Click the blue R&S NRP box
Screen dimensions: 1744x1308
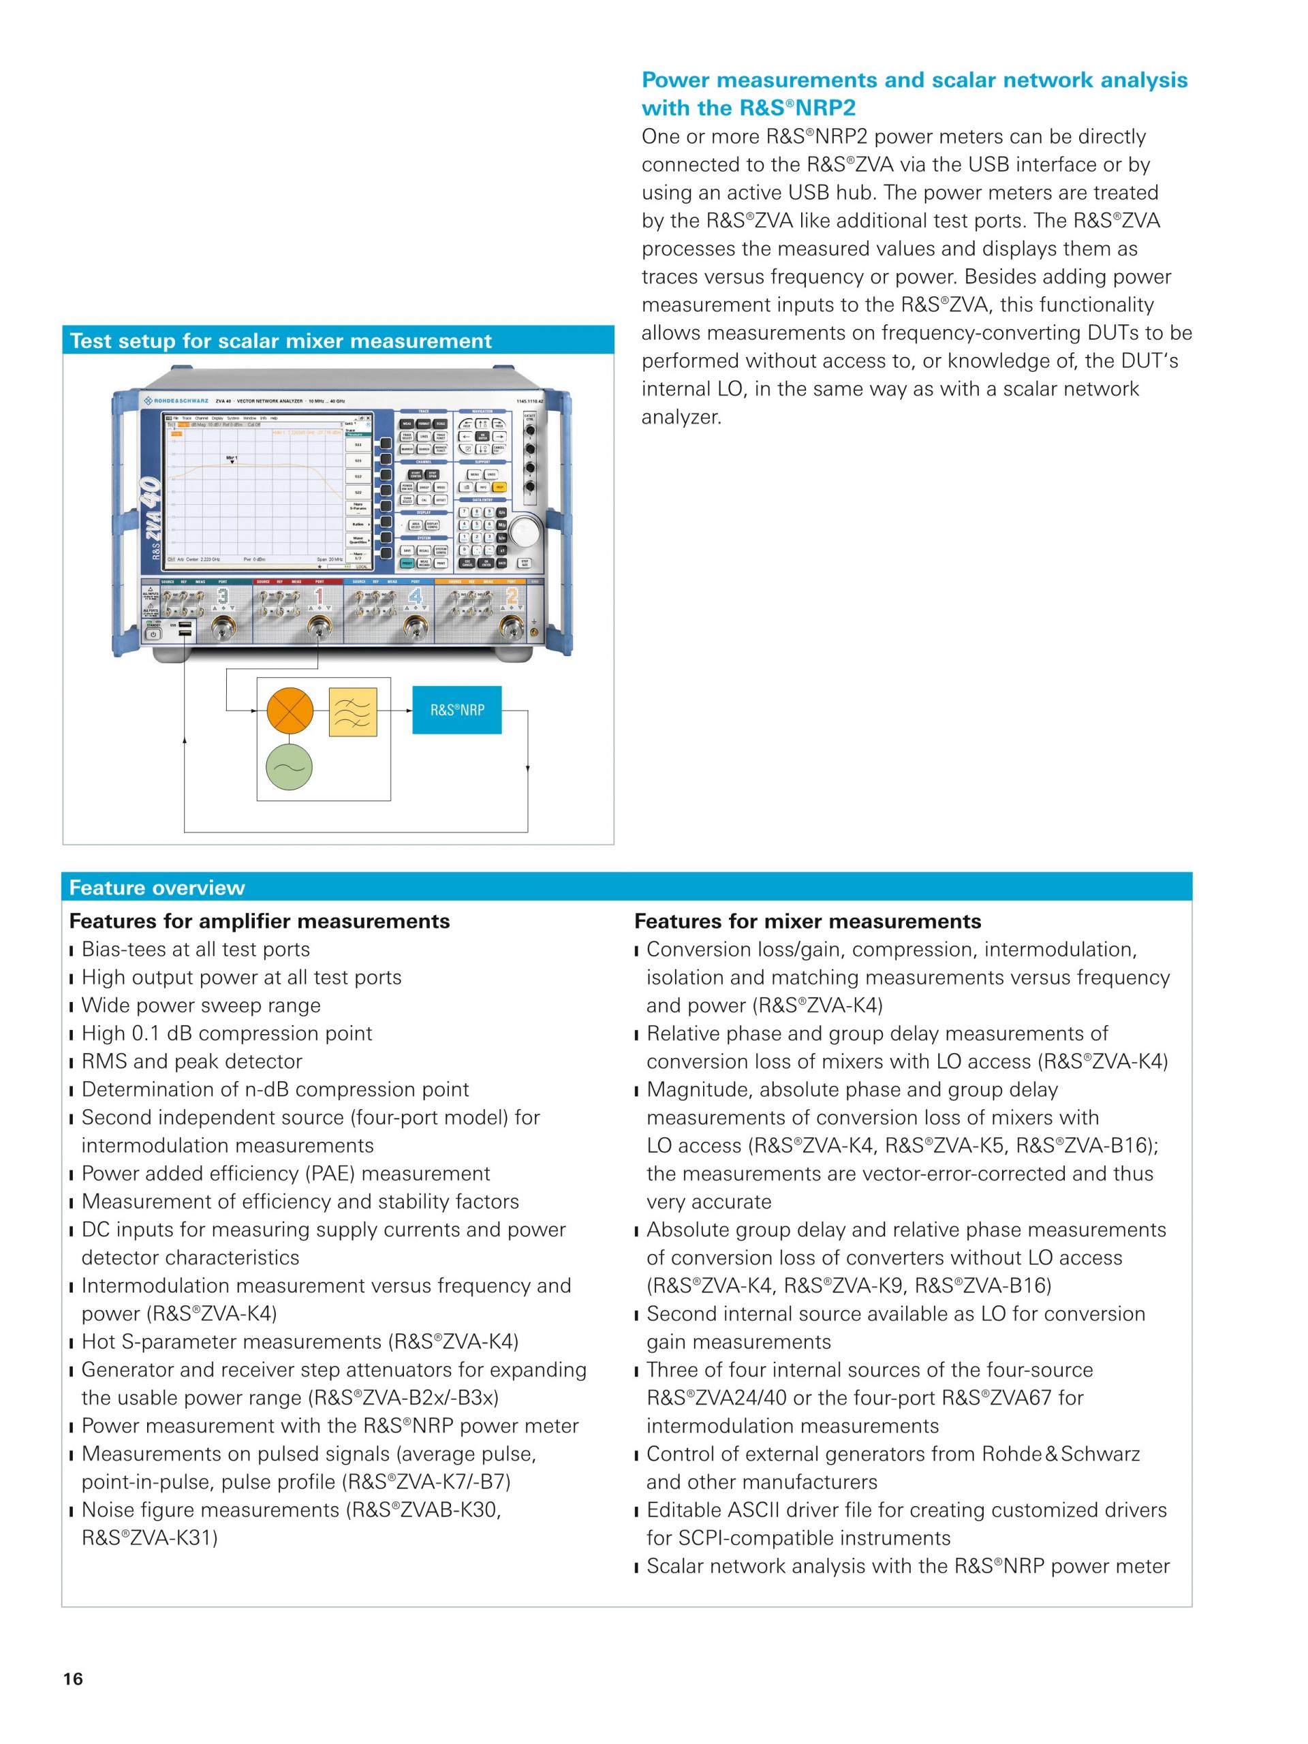tap(456, 710)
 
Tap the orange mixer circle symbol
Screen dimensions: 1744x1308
tap(290, 711)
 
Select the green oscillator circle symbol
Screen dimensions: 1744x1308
tap(290, 767)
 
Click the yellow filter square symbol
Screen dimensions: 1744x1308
tap(352, 712)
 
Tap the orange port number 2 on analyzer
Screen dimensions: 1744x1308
tap(512, 596)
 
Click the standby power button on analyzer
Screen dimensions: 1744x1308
tap(152, 634)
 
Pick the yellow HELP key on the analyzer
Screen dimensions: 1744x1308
tap(499, 487)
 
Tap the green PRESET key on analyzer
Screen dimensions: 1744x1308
tap(407, 563)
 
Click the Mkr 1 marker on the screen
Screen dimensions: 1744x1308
tap(232, 458)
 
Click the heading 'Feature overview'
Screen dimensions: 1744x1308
tap(157, 888)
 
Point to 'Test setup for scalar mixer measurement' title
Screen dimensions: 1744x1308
tap(281, 341)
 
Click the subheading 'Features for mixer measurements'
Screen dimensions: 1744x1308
tap(807, 921)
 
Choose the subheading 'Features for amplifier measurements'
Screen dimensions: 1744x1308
tap(260, 921)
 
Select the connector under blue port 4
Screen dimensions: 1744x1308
tap(411, 627)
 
